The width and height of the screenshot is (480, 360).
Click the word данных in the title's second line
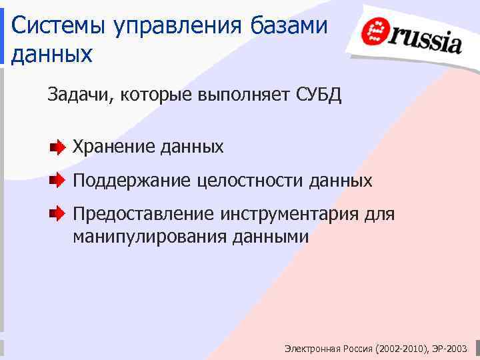[51, 54]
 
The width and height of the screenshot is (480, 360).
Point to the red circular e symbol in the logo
[376, 31]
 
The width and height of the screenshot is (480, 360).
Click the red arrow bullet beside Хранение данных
[58, 146]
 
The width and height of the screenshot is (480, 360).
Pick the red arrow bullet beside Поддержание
[58, 180]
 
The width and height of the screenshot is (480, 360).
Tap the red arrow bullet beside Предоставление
[58, 215]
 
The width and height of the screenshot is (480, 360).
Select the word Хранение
[114, 146]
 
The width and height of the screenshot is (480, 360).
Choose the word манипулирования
[151, 236]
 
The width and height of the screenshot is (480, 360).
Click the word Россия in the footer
[357, 349]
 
